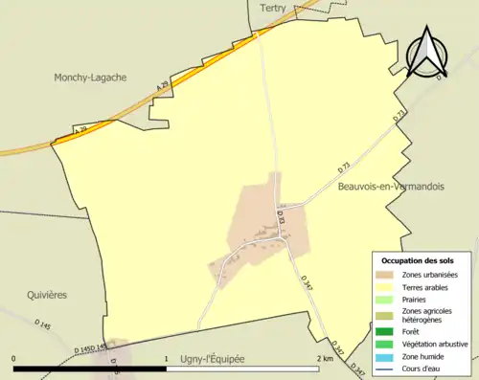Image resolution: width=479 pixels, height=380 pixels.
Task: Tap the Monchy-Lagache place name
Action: pyautogui.click(x=91, y=78)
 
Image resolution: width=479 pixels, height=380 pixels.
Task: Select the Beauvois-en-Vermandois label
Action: pyautogui.click(x=391, y=188)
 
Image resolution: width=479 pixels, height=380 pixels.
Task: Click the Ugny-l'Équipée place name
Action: pyautogui.click(x=213, y=358)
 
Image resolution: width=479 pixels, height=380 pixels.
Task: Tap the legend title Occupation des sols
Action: pyautogui.click(x=418, y=259)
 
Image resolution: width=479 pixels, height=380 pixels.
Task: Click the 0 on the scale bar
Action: pyautogui.click(x=13, y=358)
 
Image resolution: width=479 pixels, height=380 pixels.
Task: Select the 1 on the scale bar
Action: pyautogui.click(x=166, y=358)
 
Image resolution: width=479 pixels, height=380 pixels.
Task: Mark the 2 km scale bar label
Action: pyautogui.click(x=324, y=358)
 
